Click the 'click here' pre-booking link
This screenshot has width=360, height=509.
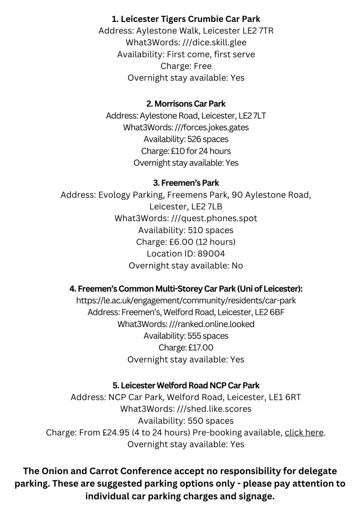coord(304,432)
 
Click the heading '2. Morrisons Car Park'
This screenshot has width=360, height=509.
coord(185,104)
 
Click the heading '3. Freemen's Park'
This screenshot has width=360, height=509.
coord(186,183)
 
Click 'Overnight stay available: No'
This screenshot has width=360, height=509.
coord(185,265)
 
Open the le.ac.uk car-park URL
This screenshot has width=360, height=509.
coord(185,301)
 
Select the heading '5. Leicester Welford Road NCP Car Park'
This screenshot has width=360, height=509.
coord(185,385)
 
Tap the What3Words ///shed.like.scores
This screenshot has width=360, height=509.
coord(214,409)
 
